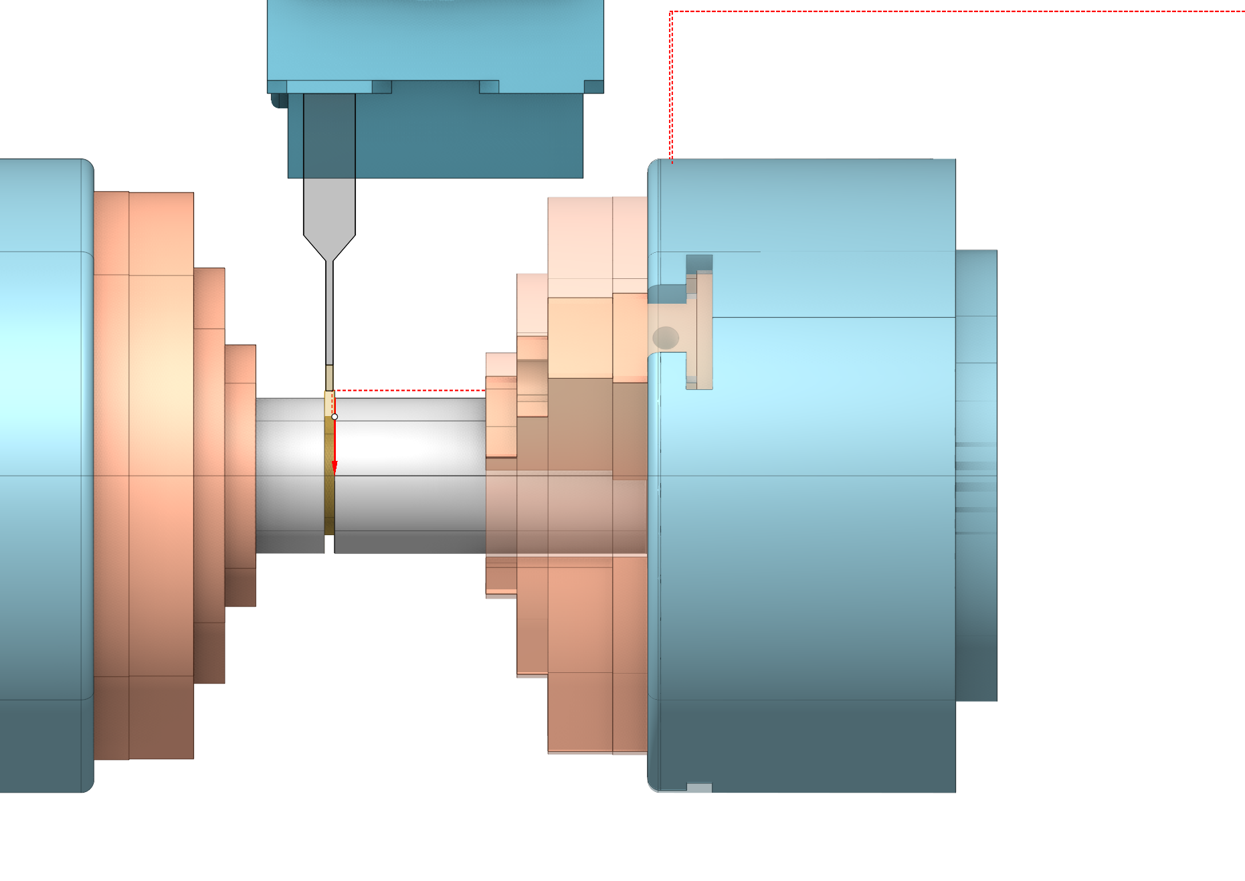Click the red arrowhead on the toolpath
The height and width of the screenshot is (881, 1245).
334,467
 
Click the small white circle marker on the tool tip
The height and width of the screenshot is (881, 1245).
334,417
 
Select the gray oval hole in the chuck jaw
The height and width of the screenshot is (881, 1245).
666,338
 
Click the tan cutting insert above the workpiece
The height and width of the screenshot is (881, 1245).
329,378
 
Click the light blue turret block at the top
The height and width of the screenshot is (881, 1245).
435,40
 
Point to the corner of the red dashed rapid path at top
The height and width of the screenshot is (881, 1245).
671,12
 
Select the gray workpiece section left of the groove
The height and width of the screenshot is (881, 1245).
289,475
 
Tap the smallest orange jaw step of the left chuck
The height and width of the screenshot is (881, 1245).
240,475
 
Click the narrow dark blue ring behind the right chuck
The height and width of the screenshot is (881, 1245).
976,475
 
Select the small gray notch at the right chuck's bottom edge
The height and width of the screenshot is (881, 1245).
699,787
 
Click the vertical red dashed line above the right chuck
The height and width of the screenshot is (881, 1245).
671,87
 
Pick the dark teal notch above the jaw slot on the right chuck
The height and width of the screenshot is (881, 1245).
699,263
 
